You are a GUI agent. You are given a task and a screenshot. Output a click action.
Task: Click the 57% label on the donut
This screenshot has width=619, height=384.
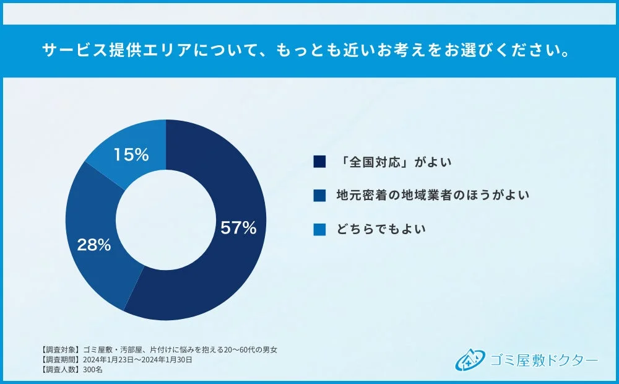point(238,228)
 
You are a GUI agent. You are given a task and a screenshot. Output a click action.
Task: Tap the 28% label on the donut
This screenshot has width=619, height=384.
point(94,245)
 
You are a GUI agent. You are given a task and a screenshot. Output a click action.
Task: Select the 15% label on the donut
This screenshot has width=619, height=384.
point(131,155)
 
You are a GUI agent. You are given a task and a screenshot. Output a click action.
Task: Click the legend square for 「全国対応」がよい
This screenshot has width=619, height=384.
point(319,162)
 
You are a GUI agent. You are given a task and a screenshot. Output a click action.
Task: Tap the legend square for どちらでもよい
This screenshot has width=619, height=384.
point(319,229)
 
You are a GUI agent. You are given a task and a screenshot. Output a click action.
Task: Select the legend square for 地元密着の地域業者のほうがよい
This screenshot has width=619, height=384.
point(319,196)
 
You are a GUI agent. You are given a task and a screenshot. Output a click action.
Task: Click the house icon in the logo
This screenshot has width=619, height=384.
point(469,360)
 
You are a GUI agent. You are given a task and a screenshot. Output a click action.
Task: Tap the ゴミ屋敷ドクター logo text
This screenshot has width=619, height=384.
point(543,360)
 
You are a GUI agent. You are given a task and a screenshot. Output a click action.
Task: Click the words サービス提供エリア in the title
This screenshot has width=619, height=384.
point(102,51)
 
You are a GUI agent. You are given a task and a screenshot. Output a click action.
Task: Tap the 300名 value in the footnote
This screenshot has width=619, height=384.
point(93,369)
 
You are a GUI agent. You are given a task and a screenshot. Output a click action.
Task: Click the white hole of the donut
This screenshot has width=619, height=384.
point(166,220)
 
